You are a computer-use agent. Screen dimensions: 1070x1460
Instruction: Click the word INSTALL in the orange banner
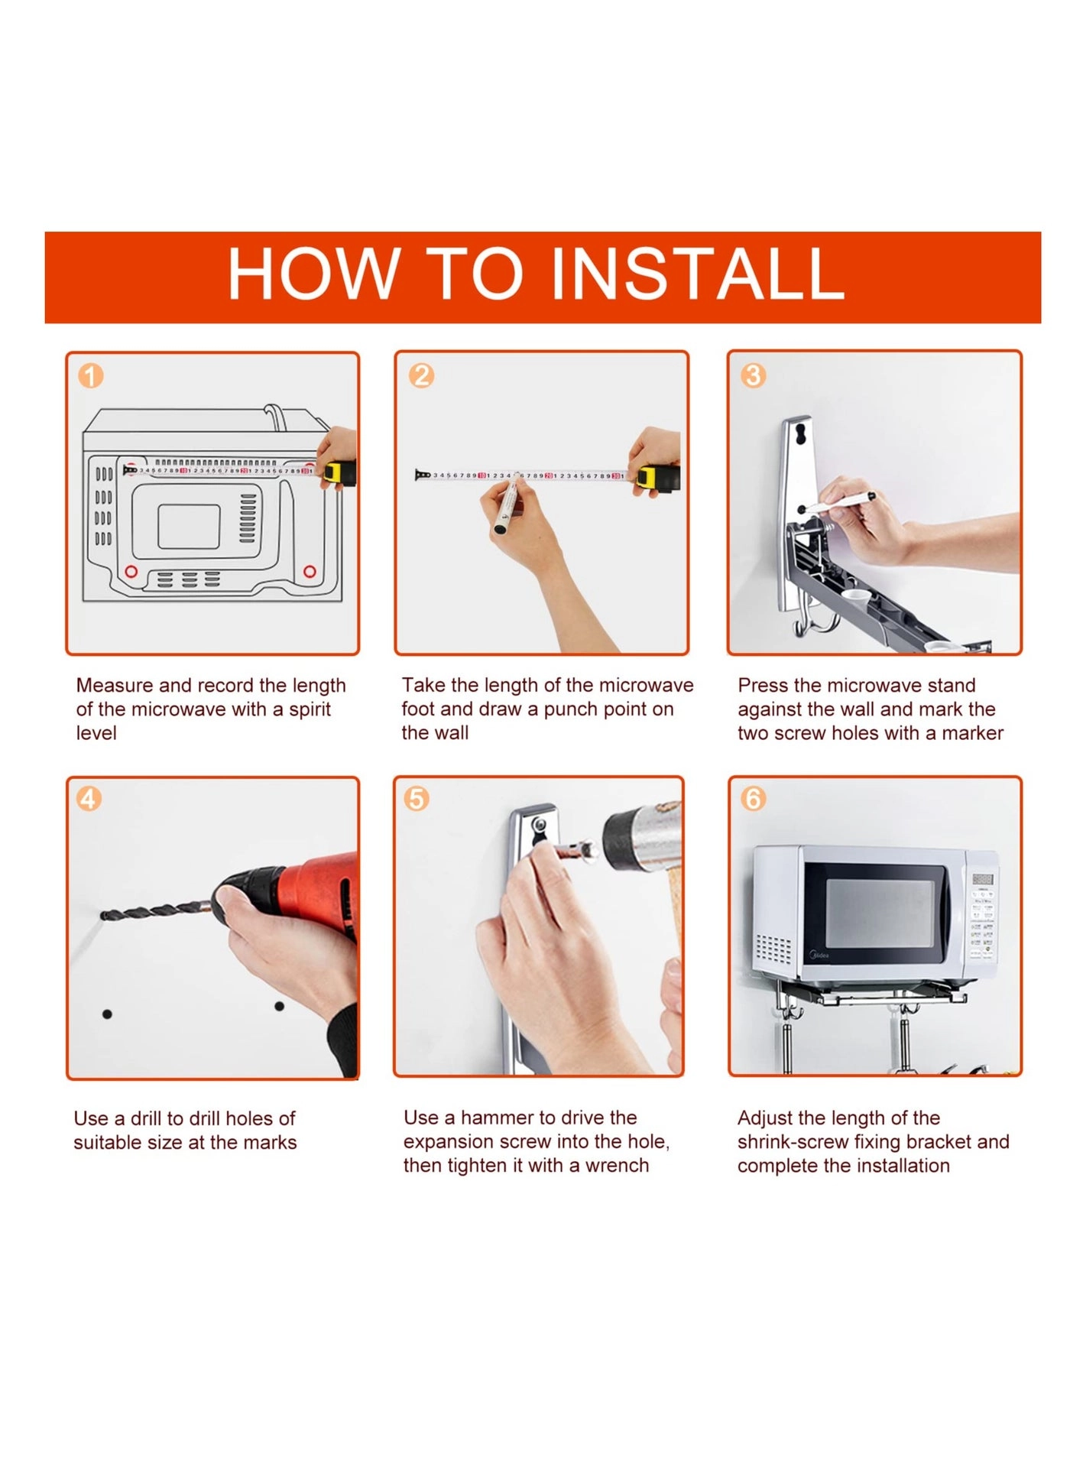point(696,274)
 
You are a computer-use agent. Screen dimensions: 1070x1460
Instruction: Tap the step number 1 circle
point(91,375)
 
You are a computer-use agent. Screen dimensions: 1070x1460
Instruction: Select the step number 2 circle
point(421,375)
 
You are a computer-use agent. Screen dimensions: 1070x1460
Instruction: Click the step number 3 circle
point(753,375)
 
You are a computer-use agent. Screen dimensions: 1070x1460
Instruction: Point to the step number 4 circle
point(89,799)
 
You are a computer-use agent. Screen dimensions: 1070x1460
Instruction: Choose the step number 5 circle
point(417,799)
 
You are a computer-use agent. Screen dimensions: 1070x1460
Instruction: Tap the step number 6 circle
point(753,799)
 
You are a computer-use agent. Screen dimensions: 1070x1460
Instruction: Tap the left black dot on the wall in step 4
point(107,1014)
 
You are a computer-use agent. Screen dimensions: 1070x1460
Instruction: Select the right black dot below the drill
point(279,1006)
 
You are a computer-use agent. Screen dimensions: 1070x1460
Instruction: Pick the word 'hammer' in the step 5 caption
point(489,1118)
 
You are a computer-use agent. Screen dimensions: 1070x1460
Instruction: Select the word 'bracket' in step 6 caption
point(939,1142)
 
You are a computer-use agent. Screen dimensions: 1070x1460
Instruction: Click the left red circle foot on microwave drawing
point(131,572)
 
